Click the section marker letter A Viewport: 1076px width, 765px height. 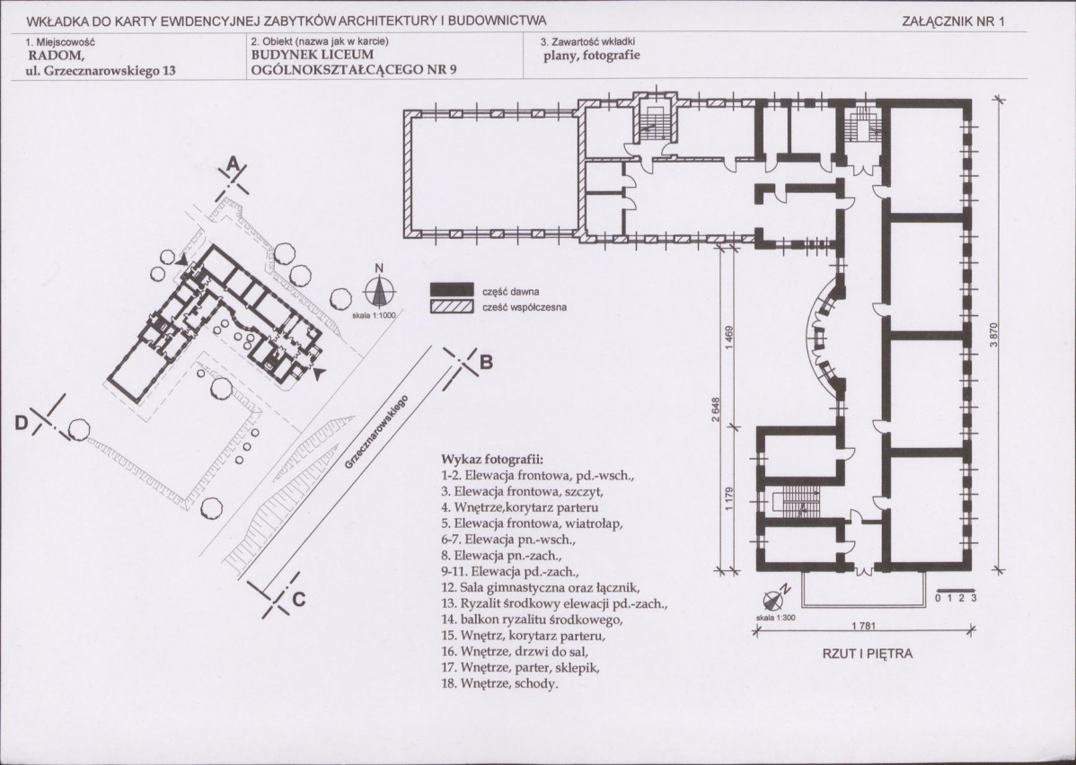(x=234, y=165)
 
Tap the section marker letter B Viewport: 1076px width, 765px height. (x=485, y=362)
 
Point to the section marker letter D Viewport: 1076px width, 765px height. (x=22, y=424)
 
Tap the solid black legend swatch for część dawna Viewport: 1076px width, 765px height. (x=452, y=291)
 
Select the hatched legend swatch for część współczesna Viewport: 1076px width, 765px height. (x=452, y=307)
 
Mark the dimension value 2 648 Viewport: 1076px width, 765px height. (x=715, y=409)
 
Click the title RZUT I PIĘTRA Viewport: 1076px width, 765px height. (x=868, y=654)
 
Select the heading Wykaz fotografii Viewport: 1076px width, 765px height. (x=492, y=458)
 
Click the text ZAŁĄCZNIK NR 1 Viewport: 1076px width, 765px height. (x=953, y=22)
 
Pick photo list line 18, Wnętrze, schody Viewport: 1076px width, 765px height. (x=499, y=684)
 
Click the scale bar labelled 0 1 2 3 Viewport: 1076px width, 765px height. (x=956, y=594)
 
